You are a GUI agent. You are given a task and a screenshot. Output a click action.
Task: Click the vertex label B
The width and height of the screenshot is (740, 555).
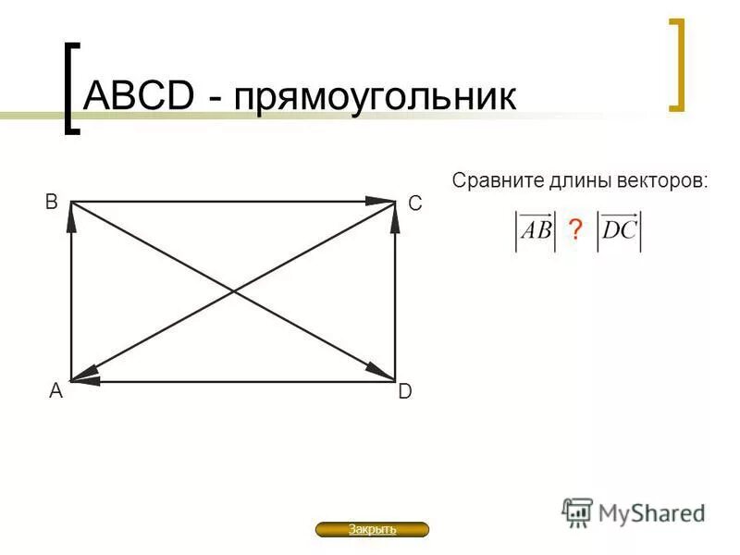click(x=52, y=200)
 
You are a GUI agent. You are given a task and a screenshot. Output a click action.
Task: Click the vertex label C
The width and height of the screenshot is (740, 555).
click(x=414, y=203)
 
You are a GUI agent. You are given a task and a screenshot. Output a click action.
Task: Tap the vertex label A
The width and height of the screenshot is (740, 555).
click(x=55, y=392)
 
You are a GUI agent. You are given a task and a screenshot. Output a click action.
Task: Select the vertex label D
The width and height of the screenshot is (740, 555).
click(x=405, y=392)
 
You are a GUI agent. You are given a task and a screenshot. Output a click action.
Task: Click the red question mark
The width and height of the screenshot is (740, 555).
click(x=575, y=231)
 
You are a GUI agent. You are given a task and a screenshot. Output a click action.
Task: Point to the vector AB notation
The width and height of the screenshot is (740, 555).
click(x=536, y=230)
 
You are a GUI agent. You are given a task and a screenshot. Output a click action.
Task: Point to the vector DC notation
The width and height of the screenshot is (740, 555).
click(x=619, y=230)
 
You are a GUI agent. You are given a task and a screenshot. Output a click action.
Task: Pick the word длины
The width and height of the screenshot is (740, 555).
click(x=576, y=180)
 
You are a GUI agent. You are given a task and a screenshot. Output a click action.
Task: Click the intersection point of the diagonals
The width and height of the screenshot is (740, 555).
click(x=233, y=291)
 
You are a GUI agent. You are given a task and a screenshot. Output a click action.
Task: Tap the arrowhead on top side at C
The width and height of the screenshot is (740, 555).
click(x=381, y=201)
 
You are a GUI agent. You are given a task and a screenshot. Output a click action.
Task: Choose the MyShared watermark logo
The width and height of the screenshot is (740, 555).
click(x=634, y=512)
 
